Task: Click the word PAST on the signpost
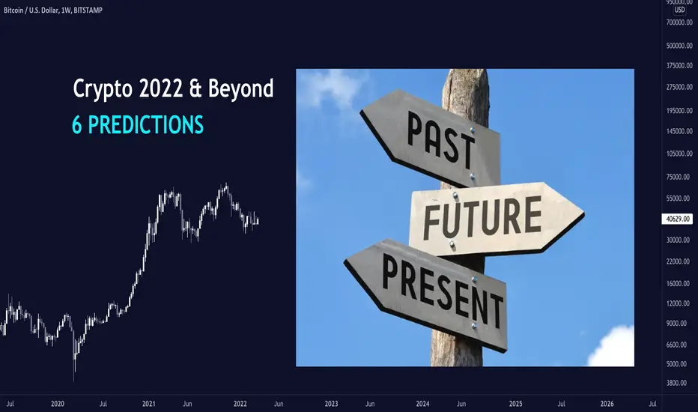coord(440,139)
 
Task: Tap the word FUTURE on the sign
coord(482,217)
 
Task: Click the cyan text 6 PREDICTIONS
coord(138,124)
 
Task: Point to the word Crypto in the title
coord(103,89)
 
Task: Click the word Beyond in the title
coord(241,88)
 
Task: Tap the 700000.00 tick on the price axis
coord(679,22)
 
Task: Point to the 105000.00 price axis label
coord(679,154)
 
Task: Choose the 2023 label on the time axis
coord(331,404)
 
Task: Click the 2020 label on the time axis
coord(58,404)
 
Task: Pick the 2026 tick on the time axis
coord(607,404)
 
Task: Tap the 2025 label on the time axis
coord(515,404)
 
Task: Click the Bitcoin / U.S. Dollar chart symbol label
coord(31,10)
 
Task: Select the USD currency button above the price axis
coord(679,10)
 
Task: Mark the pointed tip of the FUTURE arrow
coord(583,214)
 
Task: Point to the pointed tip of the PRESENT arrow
coord(345,263)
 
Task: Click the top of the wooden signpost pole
coord(465,70)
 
